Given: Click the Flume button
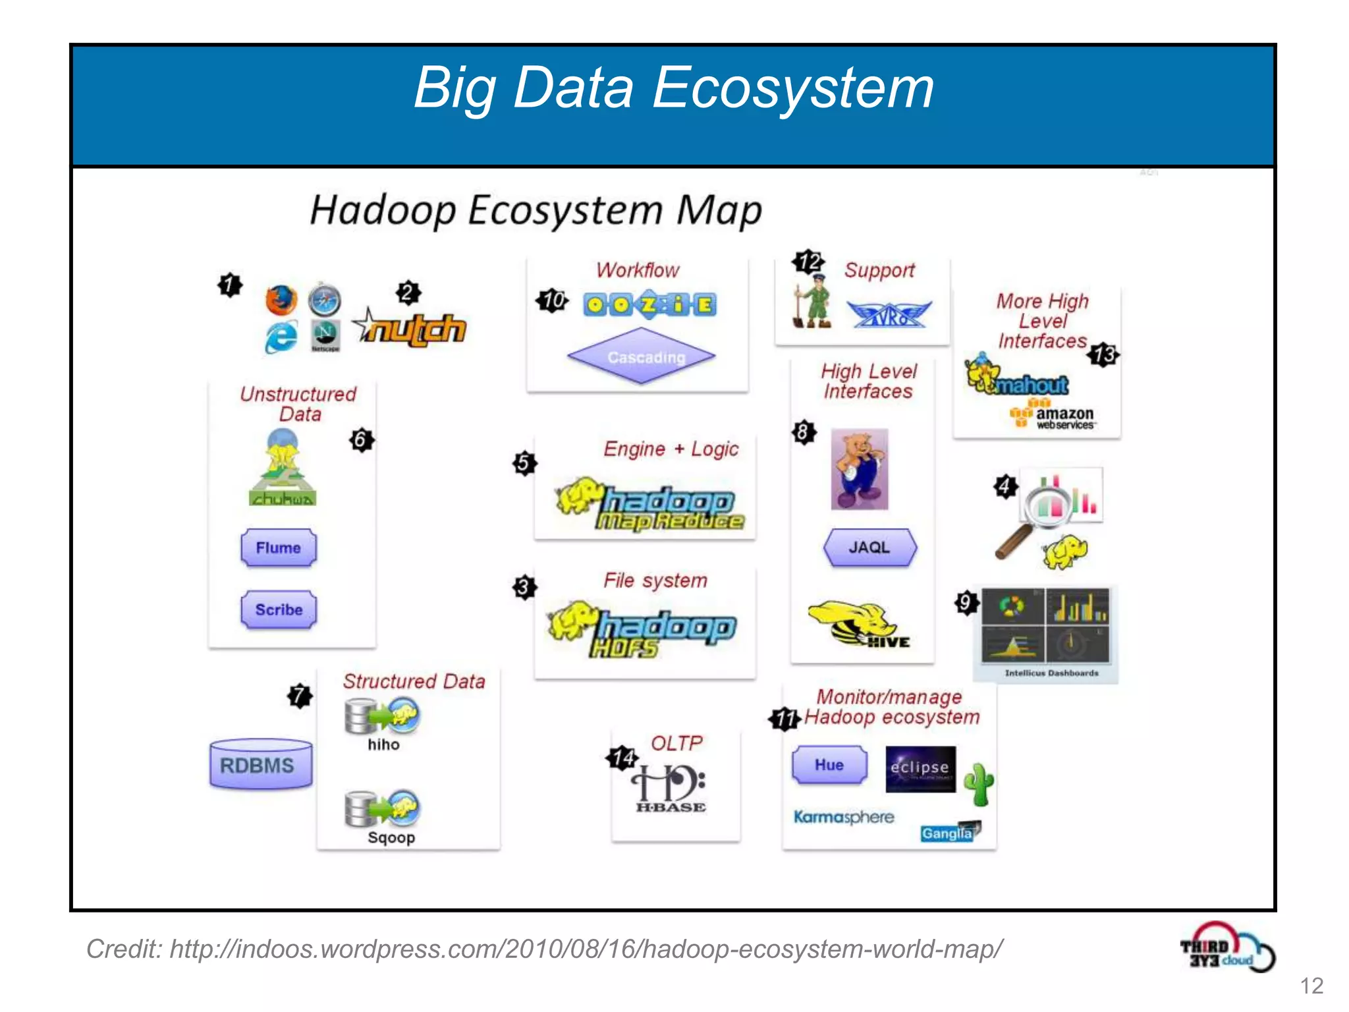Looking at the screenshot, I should pyautogui.click(x=278, y=548).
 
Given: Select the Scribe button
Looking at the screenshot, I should pyautogui.click(x=278, y=609).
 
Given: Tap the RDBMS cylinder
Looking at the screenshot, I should pyautogui.click(x=260, y=764).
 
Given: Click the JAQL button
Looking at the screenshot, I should pyautogui.click(x=869, y=548).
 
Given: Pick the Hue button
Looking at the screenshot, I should pyautogui.click(x=829, y=765).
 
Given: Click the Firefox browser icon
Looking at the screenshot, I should pyautogui.click(x=281, y=301).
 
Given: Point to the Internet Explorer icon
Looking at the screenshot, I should pyautogui.click(x=281, y=338).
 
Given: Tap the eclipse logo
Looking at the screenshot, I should pyautogui.click(x=920, y=768).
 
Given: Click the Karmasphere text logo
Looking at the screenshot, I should pyautogui.click(x=843, y=817).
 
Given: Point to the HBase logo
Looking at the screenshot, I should pyautogui.click(x=670, y=788).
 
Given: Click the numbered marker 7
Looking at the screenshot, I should pyautogui.click(x=300, y=696).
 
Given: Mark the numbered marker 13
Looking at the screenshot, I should pyautogui.click(x=1104, y=355).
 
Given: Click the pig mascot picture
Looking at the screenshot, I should pyautogui.click(x=859, y=469).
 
